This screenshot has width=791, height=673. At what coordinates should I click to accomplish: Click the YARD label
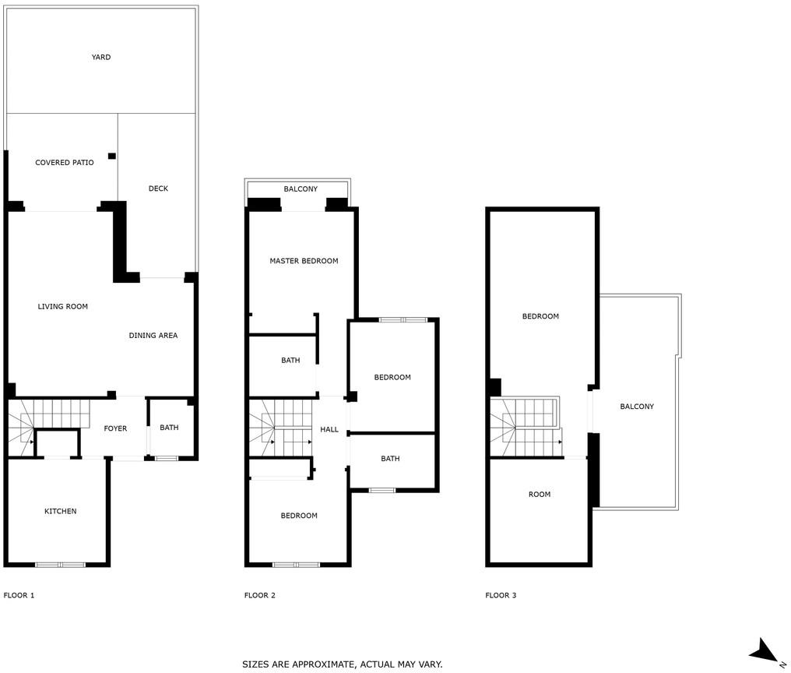coord(101,57)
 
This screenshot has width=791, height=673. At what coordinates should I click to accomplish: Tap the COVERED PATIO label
coord(65,163)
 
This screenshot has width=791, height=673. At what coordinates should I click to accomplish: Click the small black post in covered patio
coord(112,156)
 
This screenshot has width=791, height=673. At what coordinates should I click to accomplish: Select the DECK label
coord(158,189)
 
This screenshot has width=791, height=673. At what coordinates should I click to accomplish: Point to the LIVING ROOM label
coord(63,306)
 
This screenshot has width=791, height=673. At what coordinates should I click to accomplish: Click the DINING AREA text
coord(153,335)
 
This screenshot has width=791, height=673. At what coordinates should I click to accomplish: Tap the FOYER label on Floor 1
coord(115,428)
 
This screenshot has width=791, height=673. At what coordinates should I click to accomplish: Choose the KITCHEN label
coord(61,511)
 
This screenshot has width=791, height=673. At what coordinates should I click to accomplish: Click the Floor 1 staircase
coord(48,428)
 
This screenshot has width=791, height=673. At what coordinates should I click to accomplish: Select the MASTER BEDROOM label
coord(304,261)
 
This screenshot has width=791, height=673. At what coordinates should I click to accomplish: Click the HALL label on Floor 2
coord(329,429)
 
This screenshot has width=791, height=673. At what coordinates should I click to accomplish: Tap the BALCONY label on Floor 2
coord(301,189)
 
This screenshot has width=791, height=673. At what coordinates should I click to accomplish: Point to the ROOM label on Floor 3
coord(540,495)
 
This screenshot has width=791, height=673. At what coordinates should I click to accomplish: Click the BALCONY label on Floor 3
coord(637,407)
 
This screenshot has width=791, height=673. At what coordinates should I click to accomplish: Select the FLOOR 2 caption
coord(260,595)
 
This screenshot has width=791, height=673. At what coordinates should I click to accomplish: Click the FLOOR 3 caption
coord(501,595)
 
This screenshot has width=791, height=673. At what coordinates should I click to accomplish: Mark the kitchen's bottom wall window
coord(60,565)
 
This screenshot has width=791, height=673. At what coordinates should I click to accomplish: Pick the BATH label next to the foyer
coord(169,427)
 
